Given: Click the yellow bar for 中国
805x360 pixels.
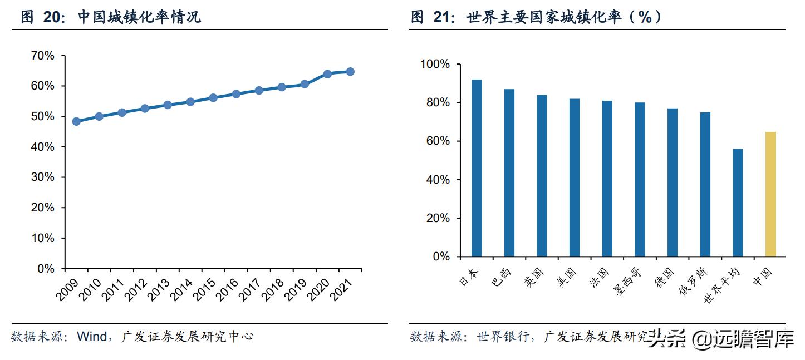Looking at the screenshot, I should pyautogui.click(x=770, y=194).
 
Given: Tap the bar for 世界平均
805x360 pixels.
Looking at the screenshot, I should pyautogui.click(x=738, y=203).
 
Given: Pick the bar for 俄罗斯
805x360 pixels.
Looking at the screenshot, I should pyautogui.click(x=705, y=184).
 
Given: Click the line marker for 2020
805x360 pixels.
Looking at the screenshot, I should pyautogui.click(x=327, y=74).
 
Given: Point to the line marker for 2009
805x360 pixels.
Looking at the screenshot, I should pyautogui.click(x=76, y=121).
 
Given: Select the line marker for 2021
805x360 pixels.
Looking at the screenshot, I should pyautogui.click(x=350, y=72).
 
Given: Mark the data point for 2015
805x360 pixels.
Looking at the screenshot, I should pyautogui.click(x=213, y=98).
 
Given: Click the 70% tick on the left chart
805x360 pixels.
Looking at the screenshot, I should pyautogui.click(x=42, y=56).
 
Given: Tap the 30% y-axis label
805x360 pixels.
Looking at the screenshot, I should pyautogui.click(x=42, y=177).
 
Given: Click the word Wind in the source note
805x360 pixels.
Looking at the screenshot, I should pyautogui.click(x=91, y=337).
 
